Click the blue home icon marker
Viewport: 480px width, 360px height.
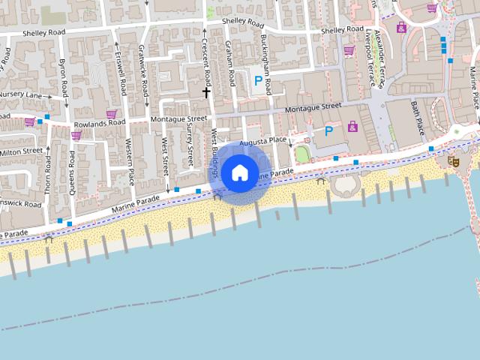[239, 173]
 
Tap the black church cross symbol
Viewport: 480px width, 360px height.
[206, 92]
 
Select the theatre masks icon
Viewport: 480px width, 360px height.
[453, 160]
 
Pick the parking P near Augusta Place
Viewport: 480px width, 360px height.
[328, 131]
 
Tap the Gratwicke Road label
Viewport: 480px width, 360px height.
[144, 70]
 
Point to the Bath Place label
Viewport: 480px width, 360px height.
[417, 116]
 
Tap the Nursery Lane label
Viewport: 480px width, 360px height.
[21, 96]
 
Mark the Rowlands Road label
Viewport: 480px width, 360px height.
[99, 122]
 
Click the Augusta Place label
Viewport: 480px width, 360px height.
[263, 141]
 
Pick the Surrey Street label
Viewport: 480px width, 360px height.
[190, 146]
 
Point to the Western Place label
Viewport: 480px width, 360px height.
[129, 162]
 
